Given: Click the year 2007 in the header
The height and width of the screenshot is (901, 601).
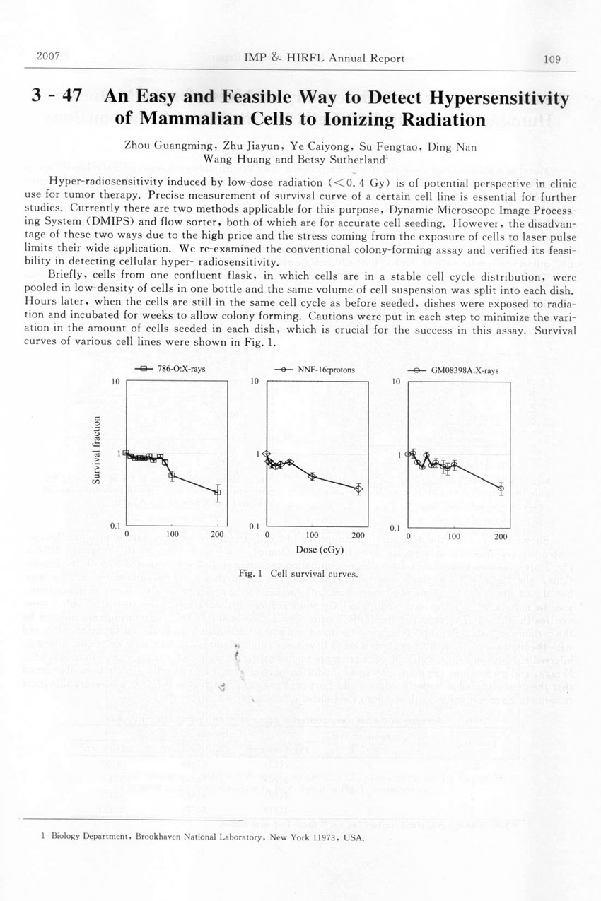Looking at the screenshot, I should [47, 57].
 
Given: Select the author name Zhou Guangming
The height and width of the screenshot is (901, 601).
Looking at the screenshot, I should [161, 146].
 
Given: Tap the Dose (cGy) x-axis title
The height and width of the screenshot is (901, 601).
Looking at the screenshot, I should [310, 548].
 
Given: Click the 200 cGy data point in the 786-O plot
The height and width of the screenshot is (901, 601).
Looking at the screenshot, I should [218, 493].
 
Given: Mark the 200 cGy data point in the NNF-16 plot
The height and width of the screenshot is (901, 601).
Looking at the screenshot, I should [358, 488].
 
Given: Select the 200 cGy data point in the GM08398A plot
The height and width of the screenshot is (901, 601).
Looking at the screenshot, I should [501, 488].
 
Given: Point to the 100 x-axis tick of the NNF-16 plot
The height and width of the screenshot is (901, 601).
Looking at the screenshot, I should [312, 535].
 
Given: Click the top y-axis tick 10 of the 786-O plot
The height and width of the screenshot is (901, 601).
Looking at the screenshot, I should [117, 382].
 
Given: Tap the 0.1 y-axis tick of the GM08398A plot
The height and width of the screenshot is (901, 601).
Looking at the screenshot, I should [397, 527].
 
